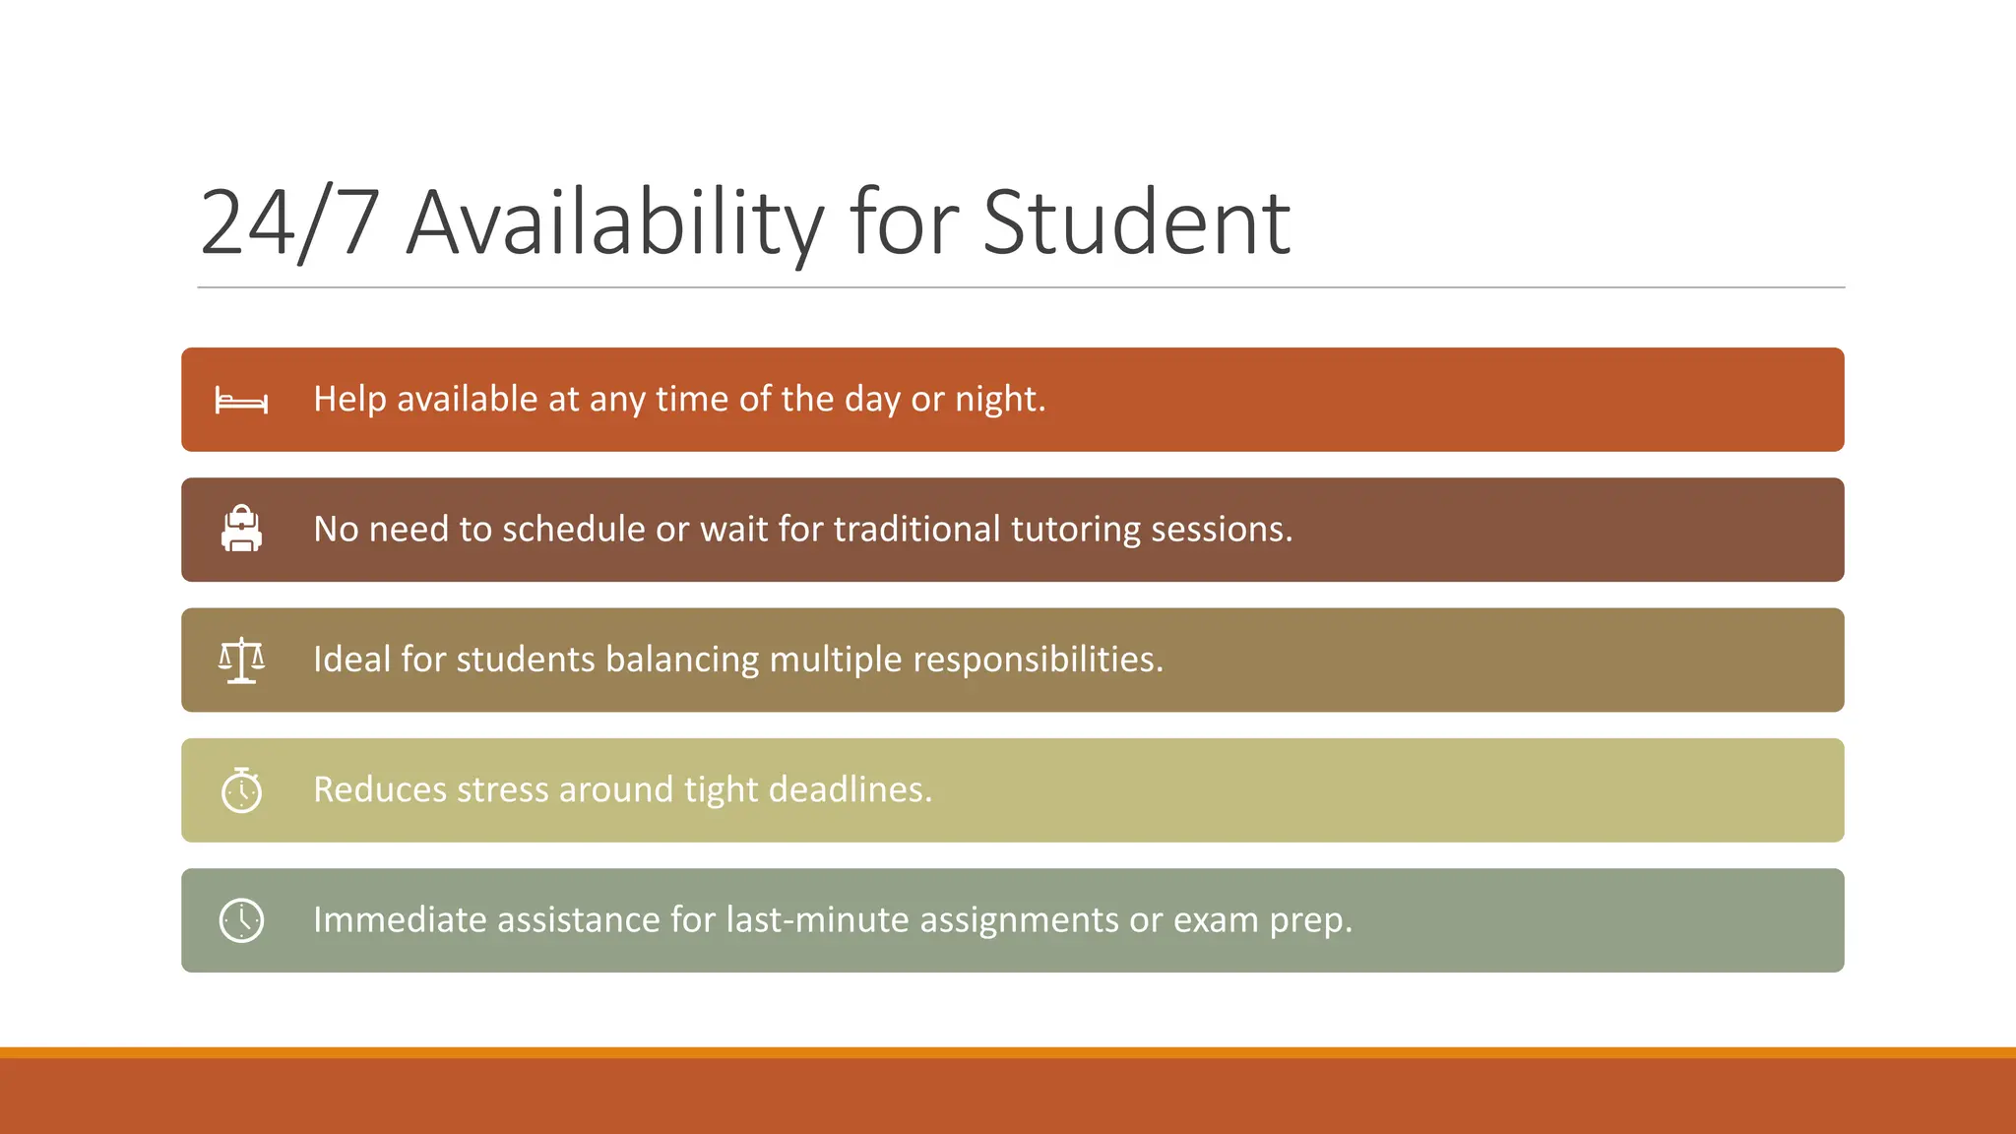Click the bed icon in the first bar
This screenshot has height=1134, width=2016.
(241, 401)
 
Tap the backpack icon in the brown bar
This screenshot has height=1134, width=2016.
(241, 529)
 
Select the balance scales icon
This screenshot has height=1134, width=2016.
(241, 660)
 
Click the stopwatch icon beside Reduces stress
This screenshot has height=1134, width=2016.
(241, 789)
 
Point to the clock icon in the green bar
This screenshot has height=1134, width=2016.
(241, 920)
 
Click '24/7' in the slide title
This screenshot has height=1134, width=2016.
(289, 223)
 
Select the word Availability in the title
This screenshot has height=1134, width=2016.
(615, 223)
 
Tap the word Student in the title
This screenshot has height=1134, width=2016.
(1136, 223)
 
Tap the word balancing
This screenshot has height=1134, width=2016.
(681, 660)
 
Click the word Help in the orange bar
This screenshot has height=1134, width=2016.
(349, 400)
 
